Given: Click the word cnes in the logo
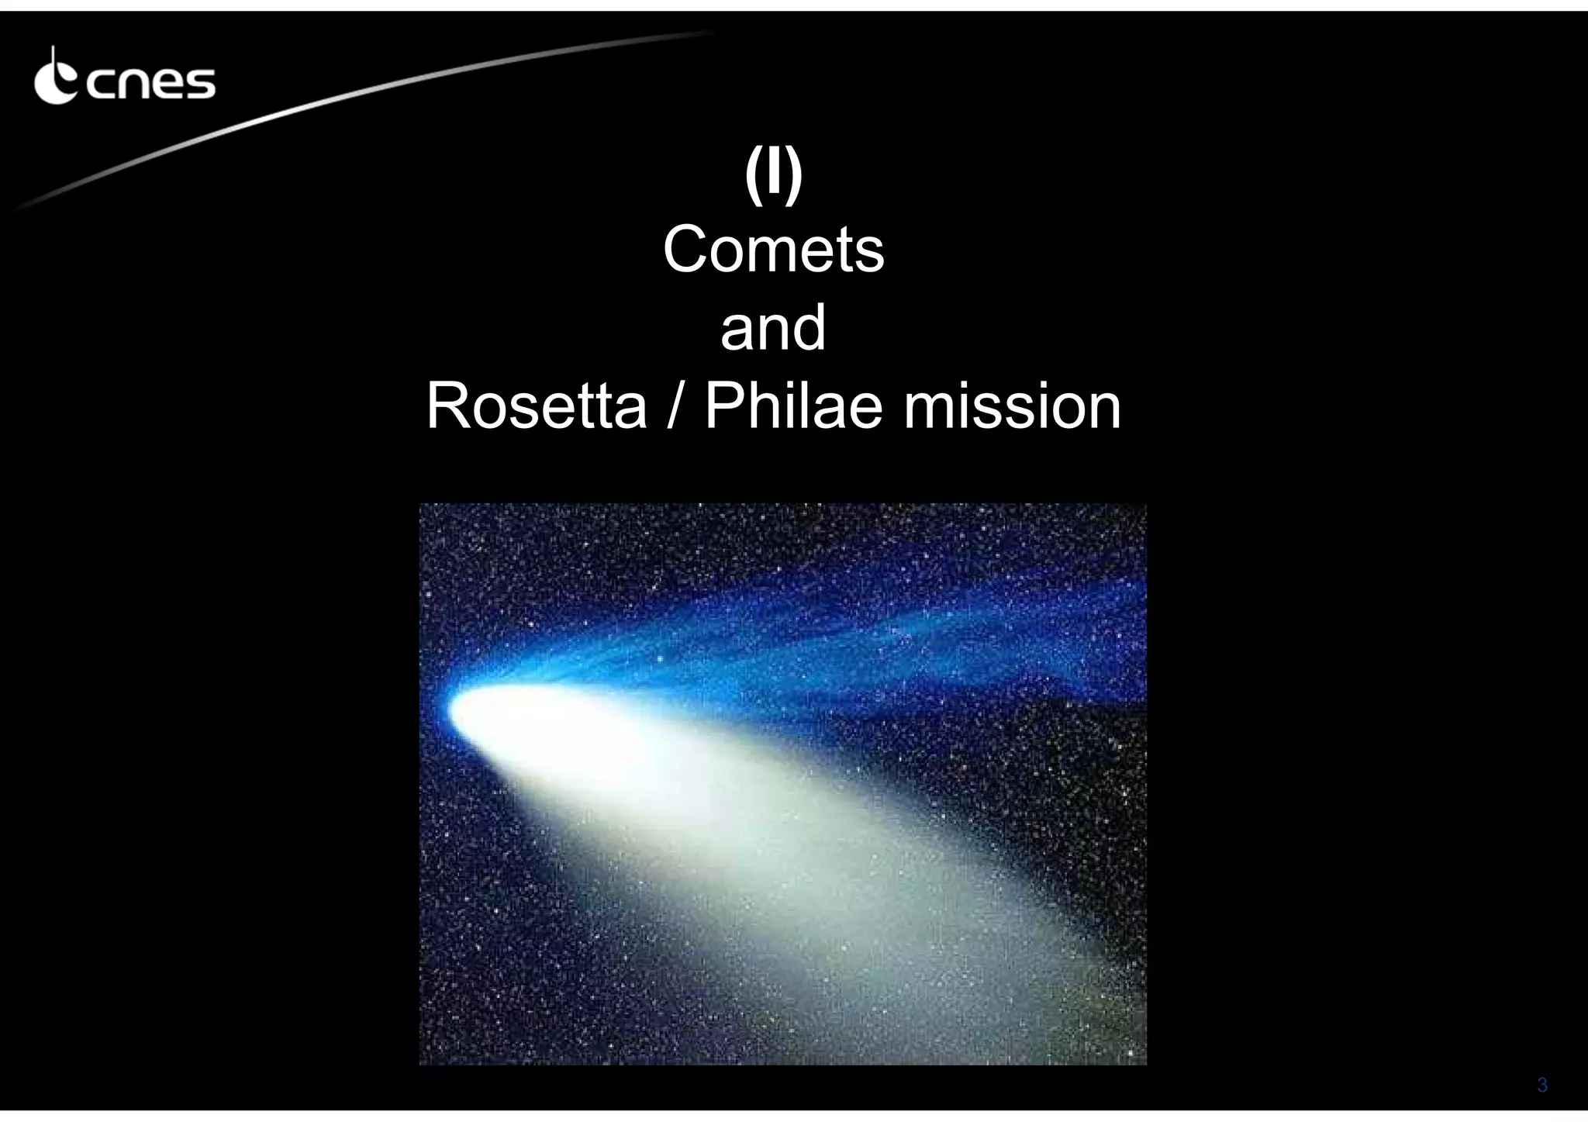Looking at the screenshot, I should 150,84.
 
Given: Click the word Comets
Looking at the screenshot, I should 773,250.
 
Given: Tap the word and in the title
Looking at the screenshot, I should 773,327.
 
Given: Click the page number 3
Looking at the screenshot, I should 1541,1085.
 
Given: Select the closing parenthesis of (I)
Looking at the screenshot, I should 793,177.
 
